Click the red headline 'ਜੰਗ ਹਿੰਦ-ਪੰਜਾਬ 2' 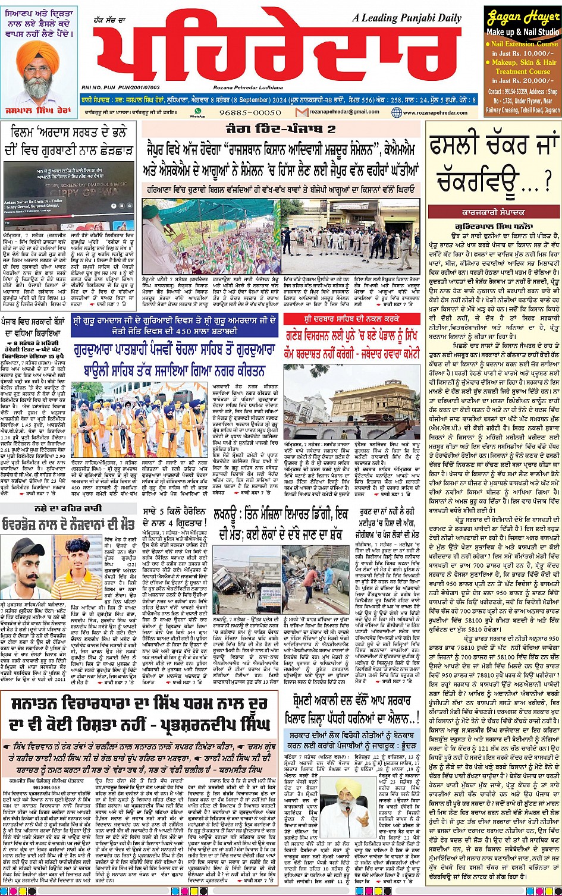280,128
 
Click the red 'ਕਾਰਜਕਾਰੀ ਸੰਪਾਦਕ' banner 493,212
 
